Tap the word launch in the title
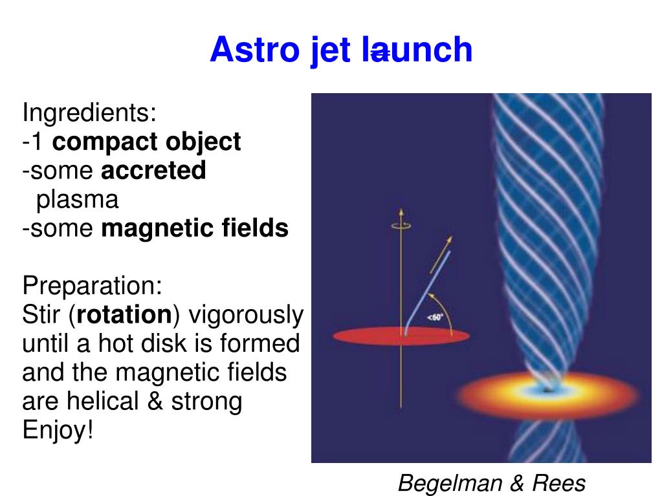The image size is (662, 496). [x=417, y=50]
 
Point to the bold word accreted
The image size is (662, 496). [x=153, y=171]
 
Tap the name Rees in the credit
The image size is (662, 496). [x=560, y=483]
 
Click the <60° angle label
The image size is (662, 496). [x=434, y=318]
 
